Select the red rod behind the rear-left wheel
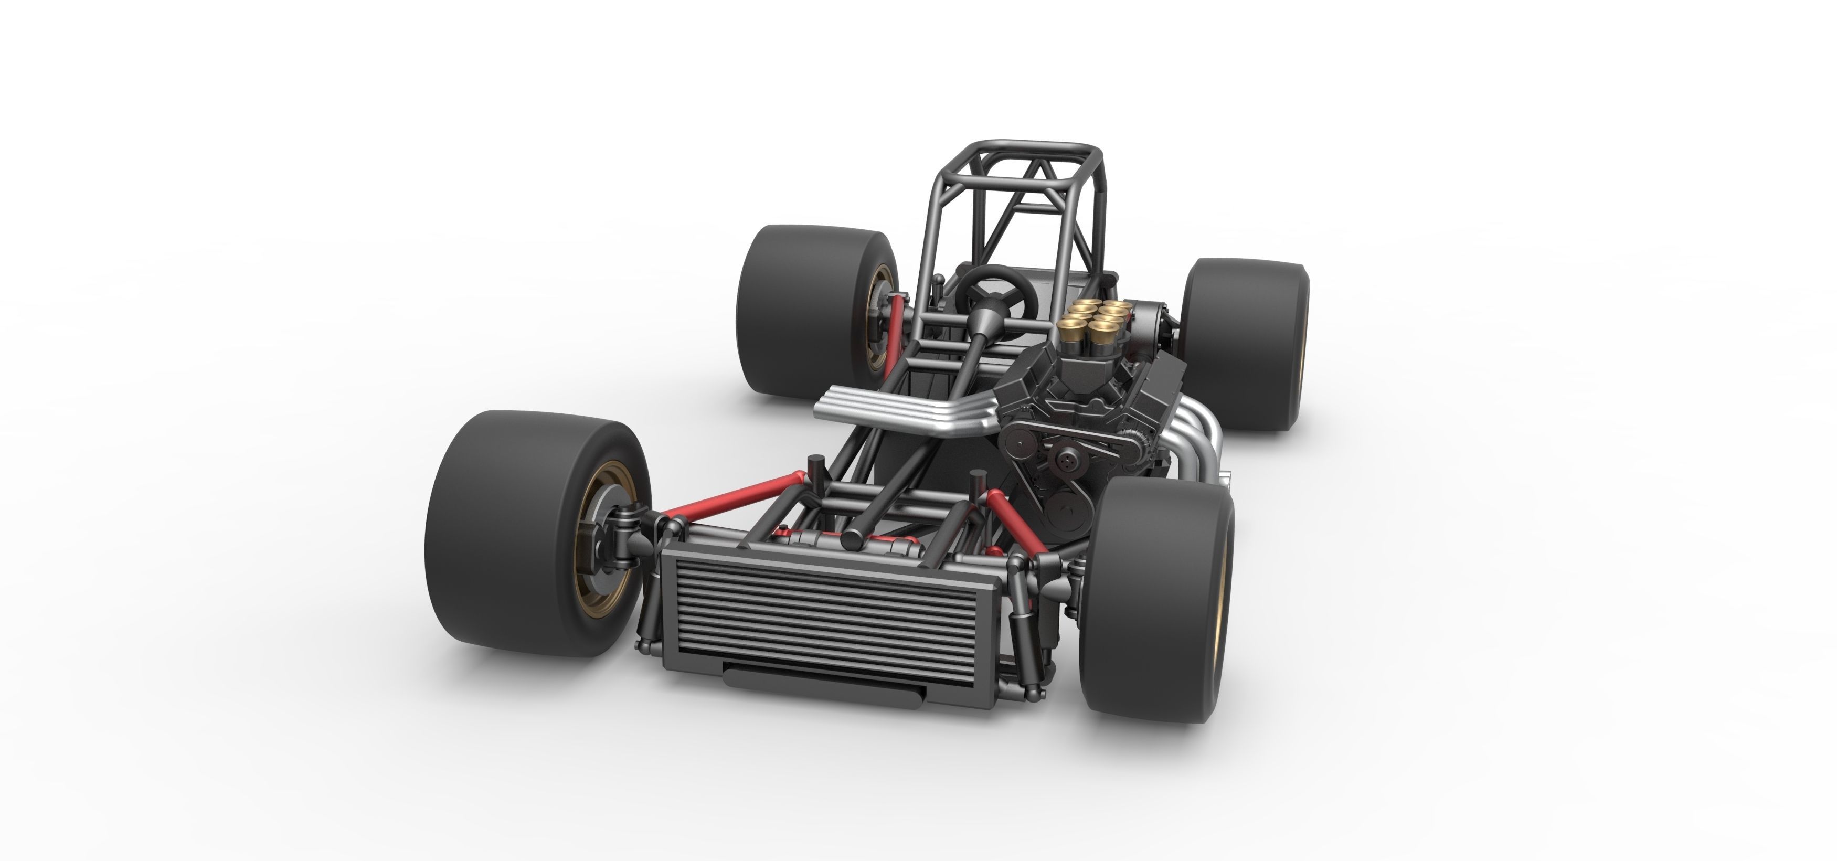point(895,335)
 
